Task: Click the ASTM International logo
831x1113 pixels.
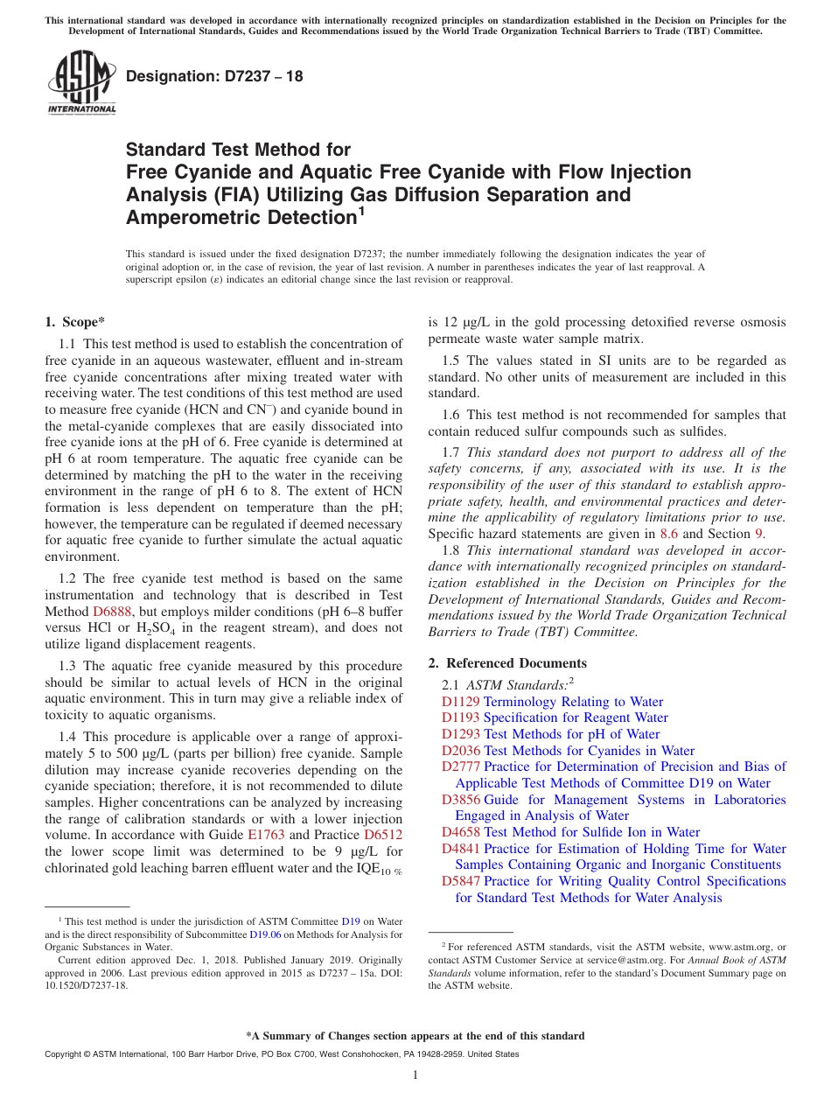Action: pyautogui.click(x=81, y=83)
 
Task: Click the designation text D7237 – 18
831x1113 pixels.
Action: pyautogui.click(x=214, y=76)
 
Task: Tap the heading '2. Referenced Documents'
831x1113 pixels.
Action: pyautogui.click(x=507, y=662)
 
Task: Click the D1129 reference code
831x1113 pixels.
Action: pyautogui.click(x=460, y=702)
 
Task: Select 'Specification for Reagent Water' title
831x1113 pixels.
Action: pyautogui.click(x=576, y=718)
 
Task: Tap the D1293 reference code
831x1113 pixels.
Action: pyautogui.click(x=460, y=734)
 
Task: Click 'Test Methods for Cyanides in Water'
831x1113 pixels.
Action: pyautogui.click(x=589, y=751)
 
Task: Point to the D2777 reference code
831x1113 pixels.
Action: pyautogui.click(x=460, y=766)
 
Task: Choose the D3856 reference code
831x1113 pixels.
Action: pyautogui.click(x=460, y=800)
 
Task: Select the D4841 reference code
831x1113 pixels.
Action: pyautogui.click(x=460, y=849)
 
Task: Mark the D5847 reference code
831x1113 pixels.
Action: pyautogui.click(x=460, y=881)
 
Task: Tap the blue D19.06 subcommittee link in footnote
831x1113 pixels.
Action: pyautogui.click(x=264, y=934)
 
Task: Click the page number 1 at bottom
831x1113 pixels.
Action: pyautogui.click(x=415, y=1075)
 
